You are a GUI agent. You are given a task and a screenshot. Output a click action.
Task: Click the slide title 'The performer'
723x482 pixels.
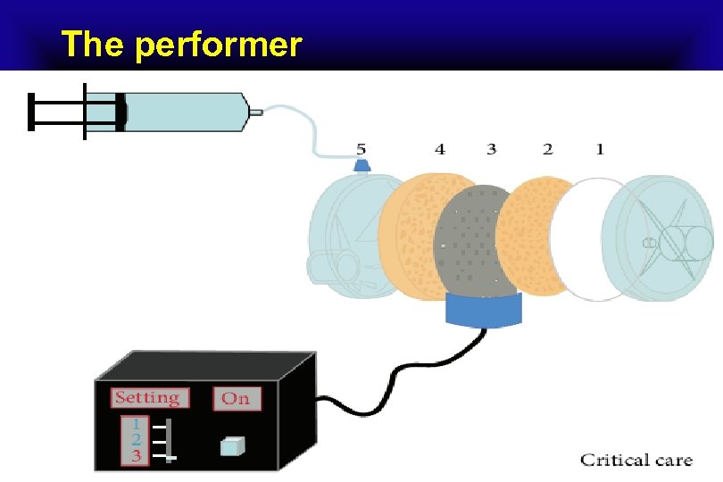tap(182, 44)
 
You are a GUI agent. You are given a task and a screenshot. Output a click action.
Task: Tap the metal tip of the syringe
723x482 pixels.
tap(255, 112)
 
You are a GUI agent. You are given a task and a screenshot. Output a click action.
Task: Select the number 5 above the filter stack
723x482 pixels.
tap(361, 148)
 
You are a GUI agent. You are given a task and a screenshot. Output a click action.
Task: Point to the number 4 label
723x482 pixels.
tap(439, 149)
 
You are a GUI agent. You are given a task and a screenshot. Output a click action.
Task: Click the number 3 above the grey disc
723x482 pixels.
tap(492, 149)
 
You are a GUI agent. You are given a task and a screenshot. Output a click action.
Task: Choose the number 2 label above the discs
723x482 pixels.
tap(547, 149)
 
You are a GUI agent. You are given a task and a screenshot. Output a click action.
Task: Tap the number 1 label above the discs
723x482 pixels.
tap(600, 149)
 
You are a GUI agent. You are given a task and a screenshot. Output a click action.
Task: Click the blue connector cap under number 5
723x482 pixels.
tap(362, 166)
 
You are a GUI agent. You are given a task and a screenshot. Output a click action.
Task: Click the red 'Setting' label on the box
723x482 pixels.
tap(146, 398)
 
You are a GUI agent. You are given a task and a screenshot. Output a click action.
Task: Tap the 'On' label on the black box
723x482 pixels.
tap(237, 398)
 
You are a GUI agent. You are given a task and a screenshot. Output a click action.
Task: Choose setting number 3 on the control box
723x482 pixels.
tap(135, 456)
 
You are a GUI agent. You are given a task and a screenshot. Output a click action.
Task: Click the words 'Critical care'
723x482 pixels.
tap(636, 461)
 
